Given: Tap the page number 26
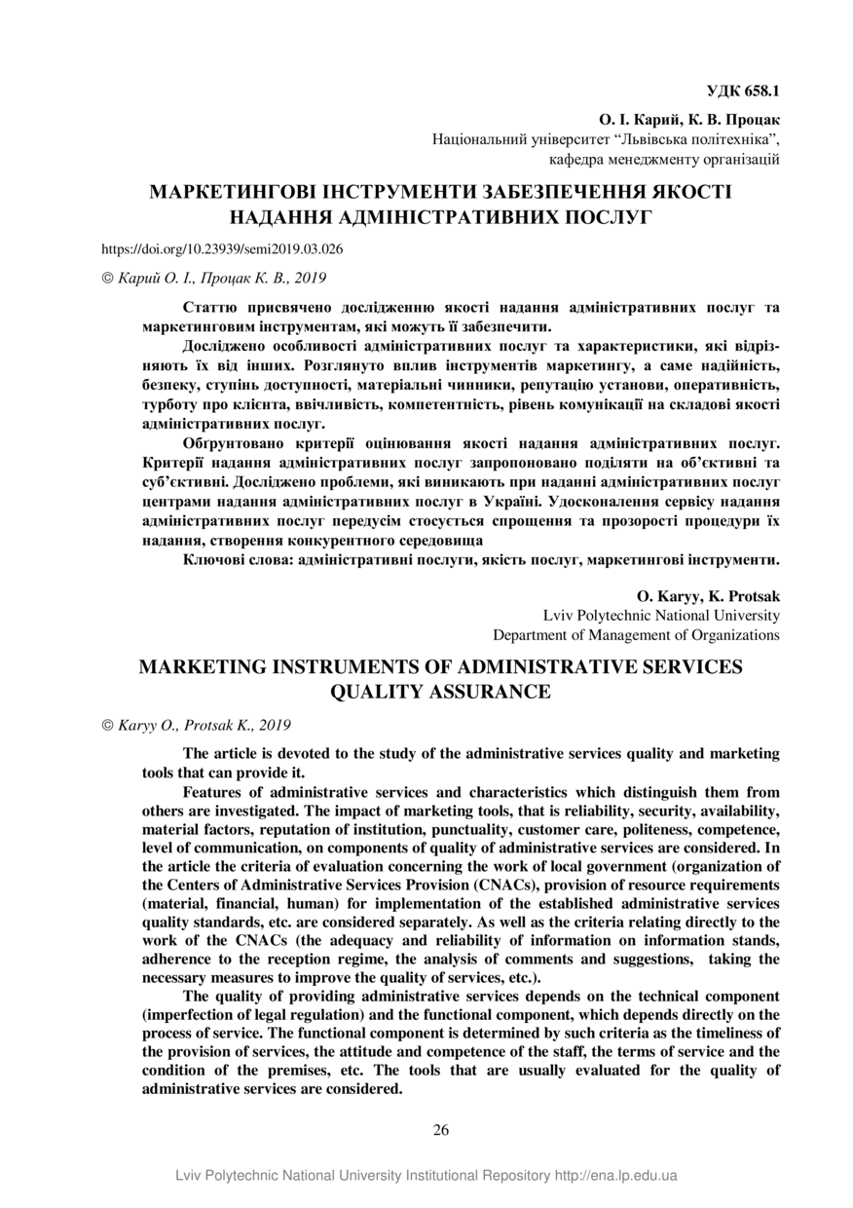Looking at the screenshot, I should (x=440, y=1130).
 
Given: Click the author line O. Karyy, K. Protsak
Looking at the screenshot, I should (x=708, y=595).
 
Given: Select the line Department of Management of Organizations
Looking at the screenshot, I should (x=636, y=635).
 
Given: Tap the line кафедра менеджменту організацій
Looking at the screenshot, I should (x=664, y=159).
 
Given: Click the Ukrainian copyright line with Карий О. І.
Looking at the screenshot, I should (x=214, y=278).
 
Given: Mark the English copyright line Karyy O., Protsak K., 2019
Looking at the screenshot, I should (x=196, y=725).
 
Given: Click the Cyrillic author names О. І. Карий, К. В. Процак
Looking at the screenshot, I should (x=689, y=120).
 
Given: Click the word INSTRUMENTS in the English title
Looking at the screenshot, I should (x=365, y=667).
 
